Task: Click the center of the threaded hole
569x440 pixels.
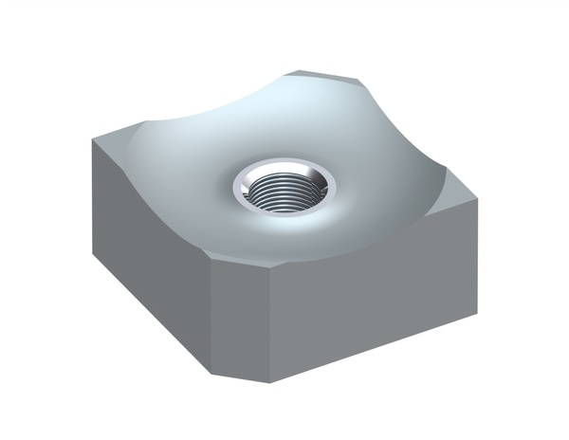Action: (x=284, y=192)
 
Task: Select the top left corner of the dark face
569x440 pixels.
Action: (x=93, y=141)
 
